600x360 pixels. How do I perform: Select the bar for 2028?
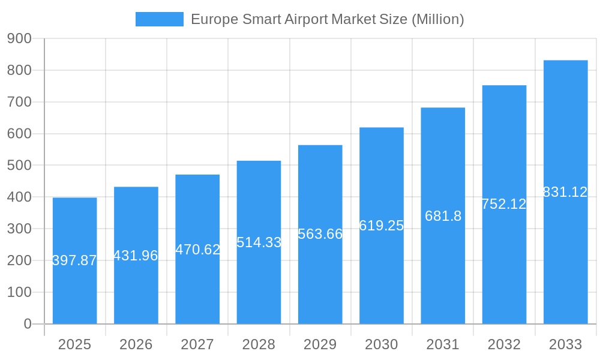[259, 282]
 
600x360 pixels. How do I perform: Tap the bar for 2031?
[443, 270]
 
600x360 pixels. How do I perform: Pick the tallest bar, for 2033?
[565, 258]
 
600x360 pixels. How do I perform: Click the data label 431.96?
[136, 256]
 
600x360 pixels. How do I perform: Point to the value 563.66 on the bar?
[320, 234]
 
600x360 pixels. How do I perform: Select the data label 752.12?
[504, 204]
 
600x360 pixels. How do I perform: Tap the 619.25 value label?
[381, 226]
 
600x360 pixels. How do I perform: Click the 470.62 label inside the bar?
[197, 250]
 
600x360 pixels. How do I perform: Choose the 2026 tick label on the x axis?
[136, 344]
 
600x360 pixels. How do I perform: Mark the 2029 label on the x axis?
[320, 344]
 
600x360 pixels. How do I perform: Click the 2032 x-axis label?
[504, 344]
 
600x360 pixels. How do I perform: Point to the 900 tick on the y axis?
[19, 38]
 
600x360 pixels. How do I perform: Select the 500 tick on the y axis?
[19, 165]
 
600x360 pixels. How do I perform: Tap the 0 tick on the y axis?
[27, 324]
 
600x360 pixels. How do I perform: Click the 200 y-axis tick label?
[19, 260]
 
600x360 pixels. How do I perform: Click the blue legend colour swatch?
[160, 19]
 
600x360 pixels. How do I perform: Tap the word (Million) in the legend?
[437, 19]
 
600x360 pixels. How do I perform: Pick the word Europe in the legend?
[214, 19]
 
